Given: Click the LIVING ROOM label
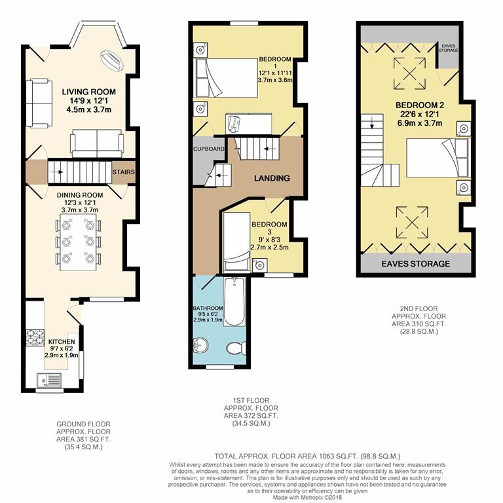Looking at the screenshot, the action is coord(89,92).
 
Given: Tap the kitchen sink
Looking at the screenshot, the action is coord(49,381).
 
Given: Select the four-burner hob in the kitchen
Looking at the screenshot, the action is coord(35,337).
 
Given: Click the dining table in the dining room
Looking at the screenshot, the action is coord(78,242).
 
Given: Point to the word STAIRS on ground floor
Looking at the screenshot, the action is coord(124,172).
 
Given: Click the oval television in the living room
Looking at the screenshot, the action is coord(111,60).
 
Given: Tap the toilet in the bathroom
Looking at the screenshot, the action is coord(236,348).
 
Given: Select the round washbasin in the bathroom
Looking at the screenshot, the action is coord(200,345).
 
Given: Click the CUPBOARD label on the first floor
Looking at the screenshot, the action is coord(208,149).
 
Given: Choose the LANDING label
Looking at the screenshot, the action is coord(272,178).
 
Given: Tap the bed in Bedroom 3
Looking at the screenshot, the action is coord(236,242).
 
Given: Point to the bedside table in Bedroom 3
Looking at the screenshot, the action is coord(259,265).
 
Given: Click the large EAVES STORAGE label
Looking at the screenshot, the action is coord(415,264).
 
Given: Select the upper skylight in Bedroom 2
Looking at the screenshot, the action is coord(409,73).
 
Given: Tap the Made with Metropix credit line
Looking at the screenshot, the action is coord(307,497).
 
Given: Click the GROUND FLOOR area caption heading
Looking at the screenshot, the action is coord(83,424).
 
